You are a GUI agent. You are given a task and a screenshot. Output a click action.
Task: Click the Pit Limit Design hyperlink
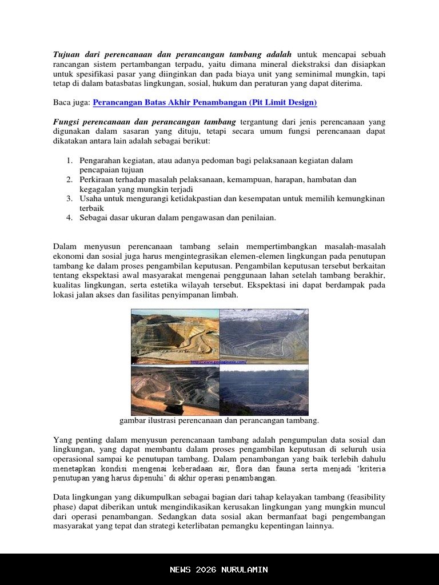click(205, 103)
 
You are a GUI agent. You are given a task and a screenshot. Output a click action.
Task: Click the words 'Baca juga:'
click(71, 103)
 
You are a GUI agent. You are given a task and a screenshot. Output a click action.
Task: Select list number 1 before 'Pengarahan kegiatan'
click(69, 161)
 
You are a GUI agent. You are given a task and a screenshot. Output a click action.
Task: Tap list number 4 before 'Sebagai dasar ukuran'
click(69, 218)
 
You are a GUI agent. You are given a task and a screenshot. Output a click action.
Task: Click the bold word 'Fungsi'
click(66, 122)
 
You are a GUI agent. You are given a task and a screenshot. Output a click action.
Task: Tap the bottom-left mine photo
click(175, 390)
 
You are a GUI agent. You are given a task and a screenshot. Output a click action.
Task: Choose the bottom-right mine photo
click(264, 390)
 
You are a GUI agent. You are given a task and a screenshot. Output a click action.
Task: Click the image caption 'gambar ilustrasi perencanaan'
click(219, 421)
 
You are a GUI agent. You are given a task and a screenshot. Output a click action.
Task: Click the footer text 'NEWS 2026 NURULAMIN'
click(219, 570)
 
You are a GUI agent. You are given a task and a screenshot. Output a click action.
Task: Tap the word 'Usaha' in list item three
click(90, 199)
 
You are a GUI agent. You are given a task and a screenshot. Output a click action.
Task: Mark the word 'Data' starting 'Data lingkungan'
click(62, 498)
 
